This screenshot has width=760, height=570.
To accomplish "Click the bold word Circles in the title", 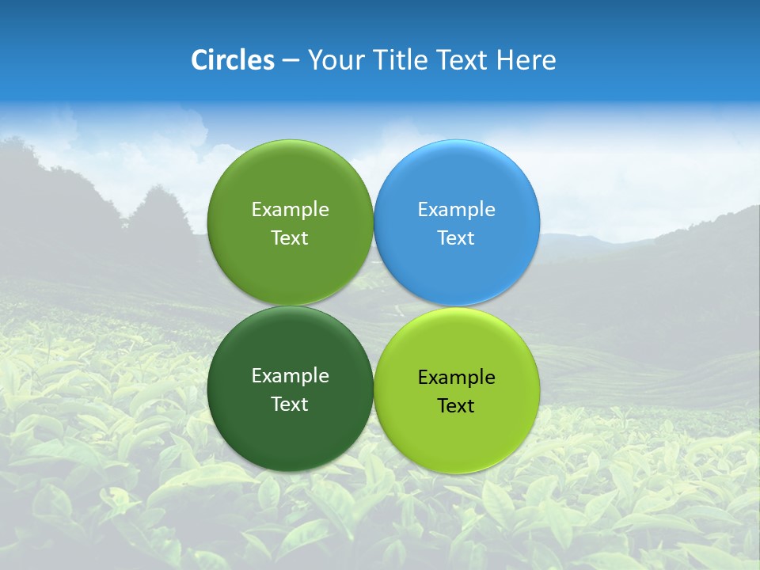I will (x=233, y=60).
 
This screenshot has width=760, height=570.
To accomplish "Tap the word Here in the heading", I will (x=526, y=60).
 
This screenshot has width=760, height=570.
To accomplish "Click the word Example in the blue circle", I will (x=456, y=210).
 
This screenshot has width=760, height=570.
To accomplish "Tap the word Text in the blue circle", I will (x=456, y=238).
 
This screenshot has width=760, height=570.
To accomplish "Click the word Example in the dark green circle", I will (x=290, y=376).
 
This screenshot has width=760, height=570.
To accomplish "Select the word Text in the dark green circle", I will (x=290, y=405).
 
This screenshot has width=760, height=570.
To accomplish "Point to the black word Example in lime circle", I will (x=456, y=378).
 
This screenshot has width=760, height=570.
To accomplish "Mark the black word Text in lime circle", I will (x=456, y=406).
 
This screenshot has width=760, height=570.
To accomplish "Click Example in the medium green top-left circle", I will (x=290, y=210).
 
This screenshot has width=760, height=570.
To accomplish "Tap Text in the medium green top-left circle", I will (x=290, y=238).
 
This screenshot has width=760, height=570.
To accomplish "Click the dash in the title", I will (x=291, y=61).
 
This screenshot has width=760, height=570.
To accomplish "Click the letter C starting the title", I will (x=199, y=60).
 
